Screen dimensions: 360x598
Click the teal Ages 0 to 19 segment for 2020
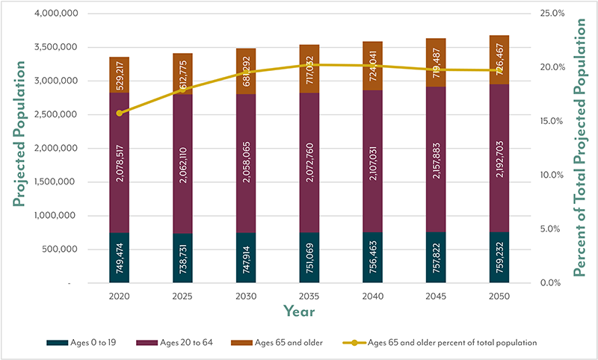(118, 258)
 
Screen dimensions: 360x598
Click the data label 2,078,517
(118, 163)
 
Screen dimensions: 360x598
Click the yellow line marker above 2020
(118, 113)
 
